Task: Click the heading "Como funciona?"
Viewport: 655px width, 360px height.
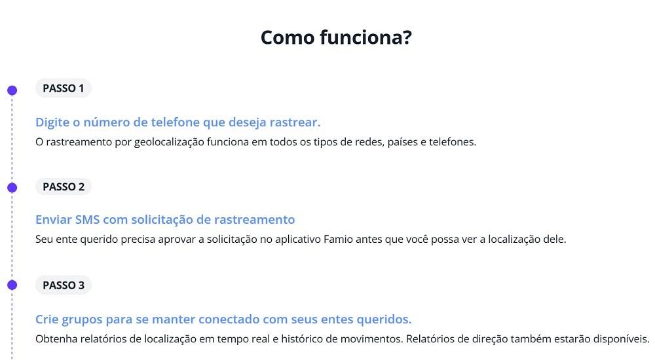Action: click(x=336, y=37)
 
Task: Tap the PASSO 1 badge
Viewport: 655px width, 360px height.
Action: click(x=64, y=88)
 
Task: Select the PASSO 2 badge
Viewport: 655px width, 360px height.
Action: click(x=64, y=187)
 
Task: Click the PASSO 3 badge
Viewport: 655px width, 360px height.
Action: click(x=64, y=285)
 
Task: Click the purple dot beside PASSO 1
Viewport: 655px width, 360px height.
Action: click(x=12, y=90)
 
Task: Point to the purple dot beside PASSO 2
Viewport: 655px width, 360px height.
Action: click(x=12, y=188)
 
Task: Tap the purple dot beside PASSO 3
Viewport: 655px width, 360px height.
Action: click(x=12, y=285)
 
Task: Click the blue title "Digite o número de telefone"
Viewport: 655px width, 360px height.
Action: click(x=178, y=122)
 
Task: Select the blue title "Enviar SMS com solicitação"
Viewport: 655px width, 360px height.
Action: click(x=165, y=220)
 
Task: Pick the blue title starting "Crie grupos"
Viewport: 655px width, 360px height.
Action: click(x=223, y=319)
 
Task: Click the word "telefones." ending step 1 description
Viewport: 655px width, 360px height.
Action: click(x=452, y=142)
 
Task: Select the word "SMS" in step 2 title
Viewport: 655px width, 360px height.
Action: click(x=87, y=220)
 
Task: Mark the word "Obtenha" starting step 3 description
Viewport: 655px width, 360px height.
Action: click(x=56, y=340)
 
